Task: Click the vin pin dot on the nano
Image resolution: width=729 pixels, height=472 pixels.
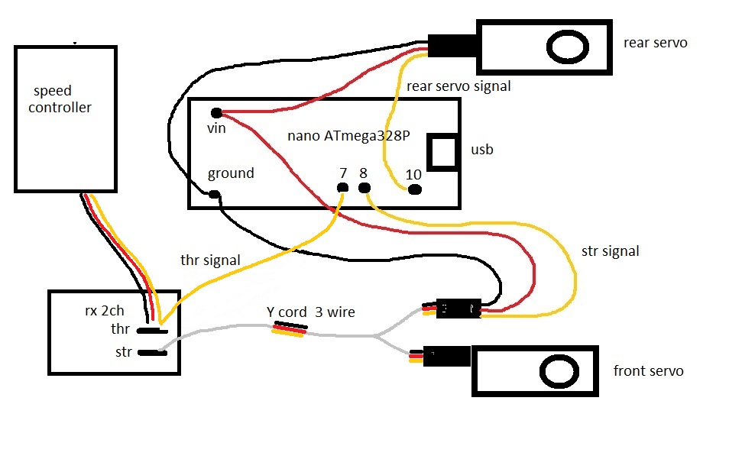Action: [x=216, y=113]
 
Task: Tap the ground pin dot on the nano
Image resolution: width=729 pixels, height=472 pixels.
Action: [x=214, y=194]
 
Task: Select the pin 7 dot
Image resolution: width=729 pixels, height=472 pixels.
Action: [x=342, y=188]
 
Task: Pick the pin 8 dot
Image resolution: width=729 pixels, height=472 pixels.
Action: [x=364, y=188]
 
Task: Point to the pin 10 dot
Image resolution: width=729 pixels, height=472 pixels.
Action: [x=415, y=189]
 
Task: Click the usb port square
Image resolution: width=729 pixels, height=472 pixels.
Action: [x=442, y=153]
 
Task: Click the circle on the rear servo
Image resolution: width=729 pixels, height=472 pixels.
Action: [x=568, y=47]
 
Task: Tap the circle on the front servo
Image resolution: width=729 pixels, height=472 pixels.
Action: [x=559, y=371]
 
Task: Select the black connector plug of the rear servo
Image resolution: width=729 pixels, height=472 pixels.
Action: [x=452, y=46]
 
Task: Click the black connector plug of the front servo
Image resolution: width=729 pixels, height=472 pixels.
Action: [x=447, y=357]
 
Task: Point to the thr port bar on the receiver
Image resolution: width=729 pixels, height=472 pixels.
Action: [x=152, y=331]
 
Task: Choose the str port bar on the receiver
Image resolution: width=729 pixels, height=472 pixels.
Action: [x=152, y=353]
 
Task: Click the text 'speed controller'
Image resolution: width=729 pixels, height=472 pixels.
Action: [x=60, y=99]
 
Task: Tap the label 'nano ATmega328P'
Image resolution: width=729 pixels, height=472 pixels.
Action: [x=348, y=136]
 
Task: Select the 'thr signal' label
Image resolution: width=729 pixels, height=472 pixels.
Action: [x=210, y=260]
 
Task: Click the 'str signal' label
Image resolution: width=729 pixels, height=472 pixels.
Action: [x=611, y=251]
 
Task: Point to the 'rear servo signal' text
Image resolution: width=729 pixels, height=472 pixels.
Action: [x=458, y=86]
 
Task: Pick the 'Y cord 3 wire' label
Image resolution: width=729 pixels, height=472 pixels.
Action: [x=310, y=312]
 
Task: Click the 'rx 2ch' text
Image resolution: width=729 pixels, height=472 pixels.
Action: [x=105, y=310]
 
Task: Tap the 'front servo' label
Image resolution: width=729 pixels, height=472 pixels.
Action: [x=649, y=370]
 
